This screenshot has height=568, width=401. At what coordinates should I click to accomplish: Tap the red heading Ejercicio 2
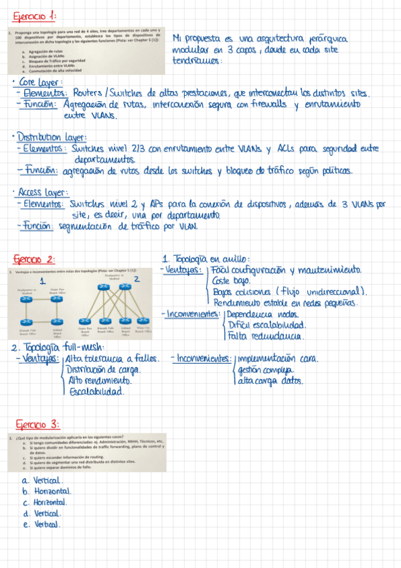click(33, 259)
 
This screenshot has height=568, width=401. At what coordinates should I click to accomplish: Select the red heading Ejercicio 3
click(37, 423)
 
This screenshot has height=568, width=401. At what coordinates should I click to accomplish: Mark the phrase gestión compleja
click(265, 370)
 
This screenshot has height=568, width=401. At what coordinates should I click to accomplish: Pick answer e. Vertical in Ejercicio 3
click(42, 524)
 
